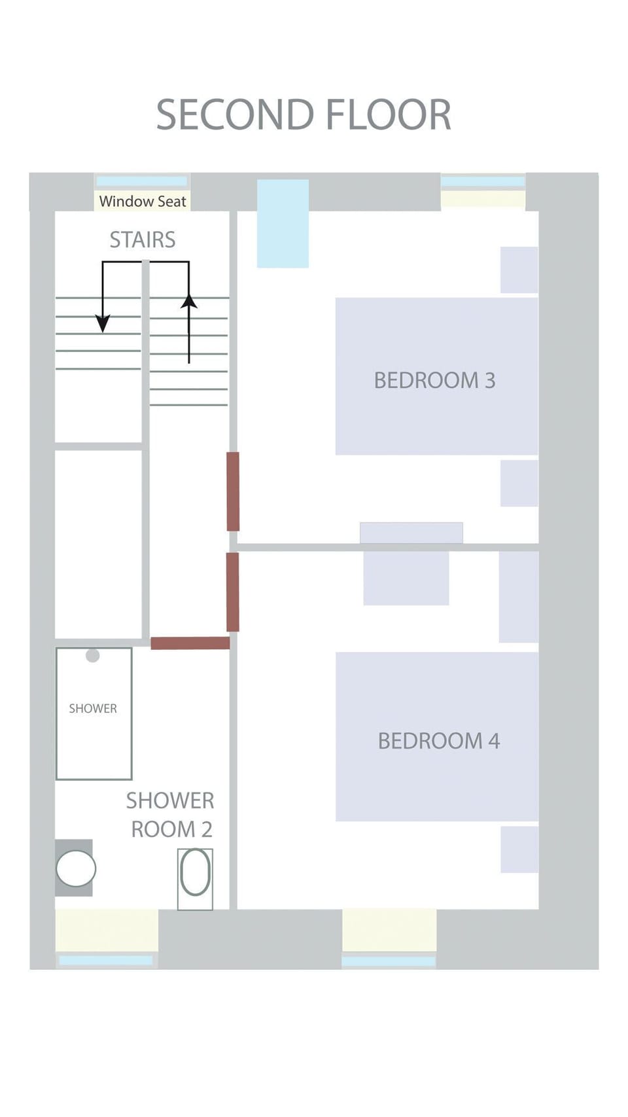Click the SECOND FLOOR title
pos(304,115)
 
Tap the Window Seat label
pos(143,202)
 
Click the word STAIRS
pos(143,240)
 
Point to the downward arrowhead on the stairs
pos(103,323)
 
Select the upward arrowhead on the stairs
pos(189,302)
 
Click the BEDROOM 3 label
pos(434,380)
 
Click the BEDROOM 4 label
pos(438,741)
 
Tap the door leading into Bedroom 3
pos(233,491)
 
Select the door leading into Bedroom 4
pos(233,592)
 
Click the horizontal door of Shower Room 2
pos(190,643)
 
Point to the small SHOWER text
pos(93,709)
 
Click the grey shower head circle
pos(93,655)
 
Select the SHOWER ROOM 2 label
pos(170,815)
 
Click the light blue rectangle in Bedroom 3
pos(283,223)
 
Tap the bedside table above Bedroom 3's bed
pos(519,270)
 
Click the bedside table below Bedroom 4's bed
pos(519,849)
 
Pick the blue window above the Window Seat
pos(142,181)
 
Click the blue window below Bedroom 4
pos(389,961)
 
